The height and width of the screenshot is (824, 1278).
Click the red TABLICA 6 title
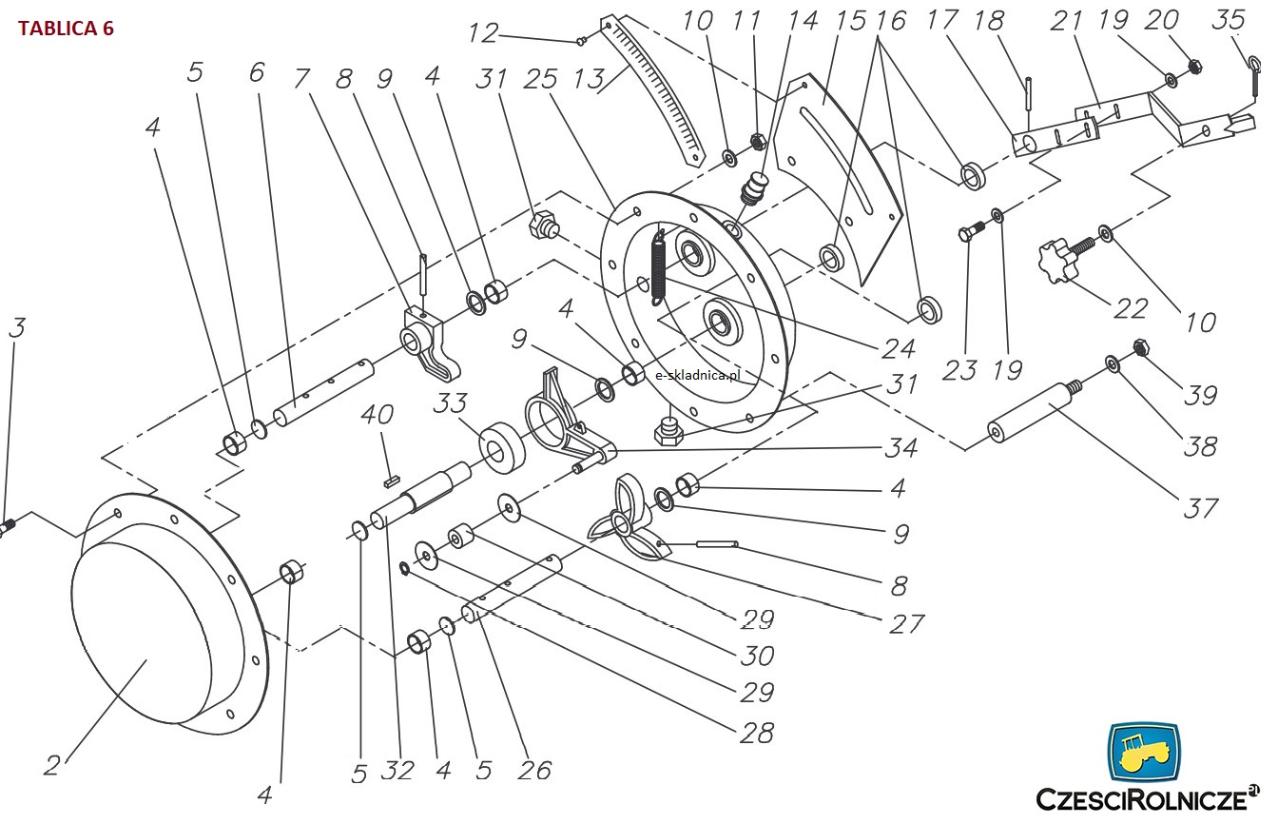(66, 28)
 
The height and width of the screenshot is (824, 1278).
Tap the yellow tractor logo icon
(1144, 752)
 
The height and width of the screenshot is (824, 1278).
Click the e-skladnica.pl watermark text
(697, 375)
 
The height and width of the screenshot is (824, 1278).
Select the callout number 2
(52, 765)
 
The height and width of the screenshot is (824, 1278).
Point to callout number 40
(377, 415)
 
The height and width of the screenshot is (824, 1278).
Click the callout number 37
(1200, 508)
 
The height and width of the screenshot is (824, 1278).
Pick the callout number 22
(1131, 309)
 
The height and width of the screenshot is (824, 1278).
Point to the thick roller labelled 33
(502, 448)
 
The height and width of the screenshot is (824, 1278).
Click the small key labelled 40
(392, 482)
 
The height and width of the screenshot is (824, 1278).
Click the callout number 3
(17, 328)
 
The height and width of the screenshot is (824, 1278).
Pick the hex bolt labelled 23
(972, 230)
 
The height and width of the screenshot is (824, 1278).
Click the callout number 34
(900, 448)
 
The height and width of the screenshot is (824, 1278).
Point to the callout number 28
(757, 733)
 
